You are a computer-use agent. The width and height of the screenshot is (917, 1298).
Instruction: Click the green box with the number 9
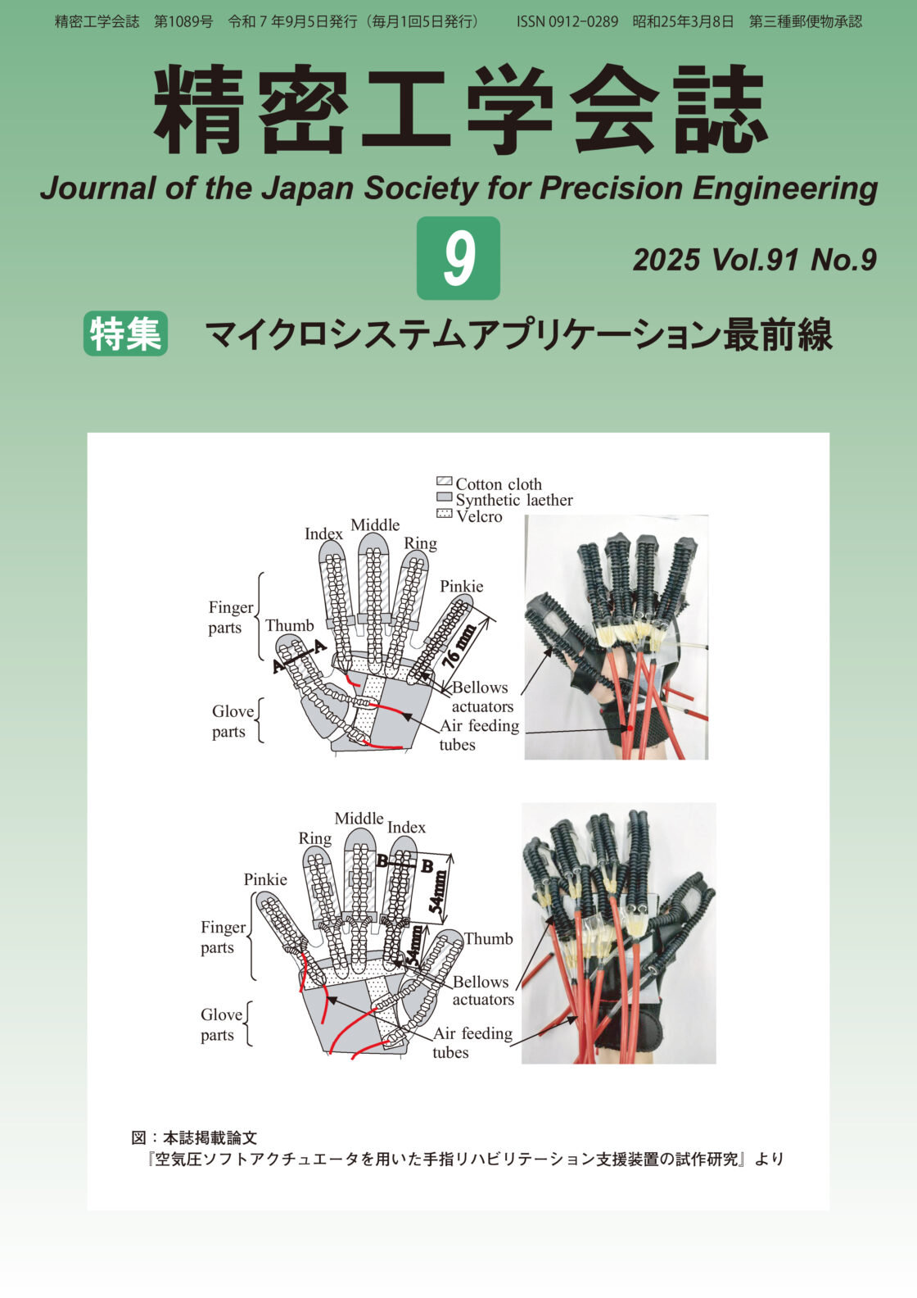click(458, 258)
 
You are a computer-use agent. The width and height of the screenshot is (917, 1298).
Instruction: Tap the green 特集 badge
click(125, 334)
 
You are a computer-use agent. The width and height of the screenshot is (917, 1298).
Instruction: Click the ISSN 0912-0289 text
click(567, 22)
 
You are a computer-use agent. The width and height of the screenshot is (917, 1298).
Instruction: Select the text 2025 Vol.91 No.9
click(755, 260)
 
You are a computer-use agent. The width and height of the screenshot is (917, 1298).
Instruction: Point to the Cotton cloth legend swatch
click(444, 481)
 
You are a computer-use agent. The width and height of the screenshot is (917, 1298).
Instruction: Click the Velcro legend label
click(479, 516)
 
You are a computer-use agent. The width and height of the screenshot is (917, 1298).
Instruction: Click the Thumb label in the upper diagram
click(290, 626)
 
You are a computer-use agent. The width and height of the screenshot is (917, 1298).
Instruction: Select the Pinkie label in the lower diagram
click(265, 879)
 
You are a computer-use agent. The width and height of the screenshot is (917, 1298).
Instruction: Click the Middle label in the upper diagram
click(375, 525)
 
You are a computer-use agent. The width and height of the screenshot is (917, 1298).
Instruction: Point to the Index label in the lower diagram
click(406, 827)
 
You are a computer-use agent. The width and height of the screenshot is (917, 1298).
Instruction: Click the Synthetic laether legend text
click(514, 500)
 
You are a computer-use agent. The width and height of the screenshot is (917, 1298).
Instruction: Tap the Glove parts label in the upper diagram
click(233, 721)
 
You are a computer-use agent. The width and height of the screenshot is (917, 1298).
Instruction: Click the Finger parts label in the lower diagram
click(223, 937)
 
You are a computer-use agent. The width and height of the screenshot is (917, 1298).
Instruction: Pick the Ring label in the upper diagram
click(420, 544)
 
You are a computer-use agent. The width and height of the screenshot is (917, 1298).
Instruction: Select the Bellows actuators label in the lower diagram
click(483, 991)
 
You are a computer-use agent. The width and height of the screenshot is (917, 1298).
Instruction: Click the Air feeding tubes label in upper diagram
click(479, 735)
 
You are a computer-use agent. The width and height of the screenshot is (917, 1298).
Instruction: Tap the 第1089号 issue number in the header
click(183, 22)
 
